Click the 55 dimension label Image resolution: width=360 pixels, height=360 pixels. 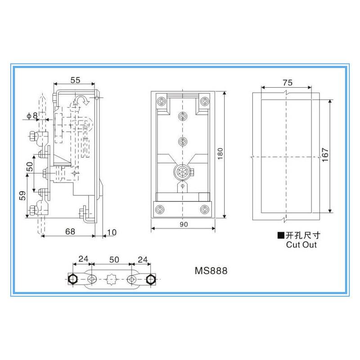tap(75, 80)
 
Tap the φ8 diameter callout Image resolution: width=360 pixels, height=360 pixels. tap(32, 116)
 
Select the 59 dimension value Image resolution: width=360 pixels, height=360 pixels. tap(22, 196)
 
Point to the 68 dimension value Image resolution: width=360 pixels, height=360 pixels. tap(70, 231)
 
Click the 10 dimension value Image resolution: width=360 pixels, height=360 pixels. tap(112, 232)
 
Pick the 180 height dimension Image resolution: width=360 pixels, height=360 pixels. tap(220, 154)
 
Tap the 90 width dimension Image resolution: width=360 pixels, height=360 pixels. tap(184, 224)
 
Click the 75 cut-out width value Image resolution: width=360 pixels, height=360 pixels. tap(288, 83)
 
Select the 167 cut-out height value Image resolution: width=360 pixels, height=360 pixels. tap(325, 155)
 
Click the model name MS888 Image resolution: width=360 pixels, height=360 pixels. tap(211, 271)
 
